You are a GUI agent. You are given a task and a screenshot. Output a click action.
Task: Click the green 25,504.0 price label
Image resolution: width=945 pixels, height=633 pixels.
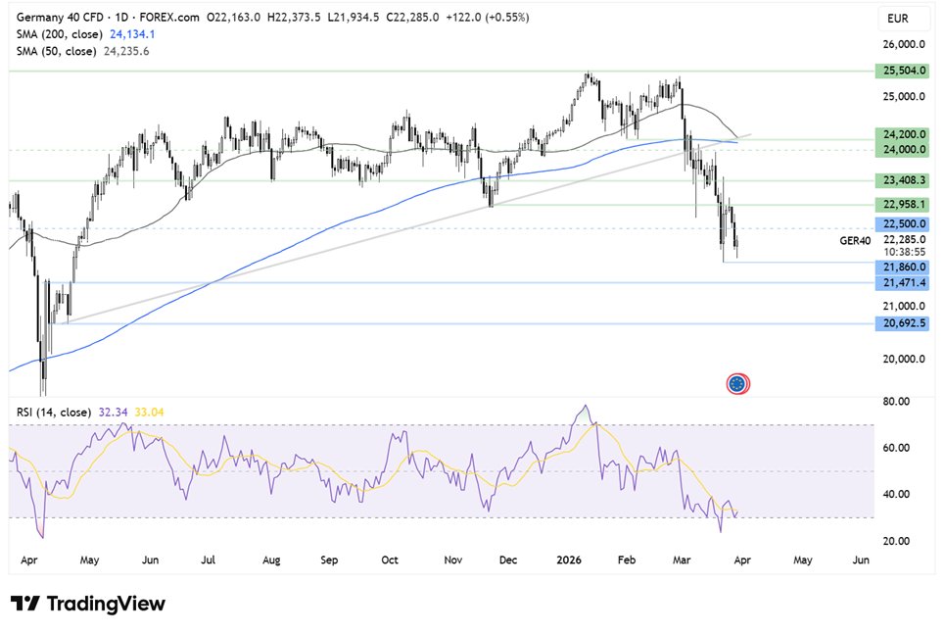pos(899,71)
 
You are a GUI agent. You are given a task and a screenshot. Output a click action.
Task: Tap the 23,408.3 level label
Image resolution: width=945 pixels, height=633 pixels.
pos(899,180)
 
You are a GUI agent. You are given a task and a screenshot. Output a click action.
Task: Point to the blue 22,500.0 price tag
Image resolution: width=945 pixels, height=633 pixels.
pos(899,223)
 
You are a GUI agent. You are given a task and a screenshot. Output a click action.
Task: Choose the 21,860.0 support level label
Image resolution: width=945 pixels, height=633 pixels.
pos(899,266)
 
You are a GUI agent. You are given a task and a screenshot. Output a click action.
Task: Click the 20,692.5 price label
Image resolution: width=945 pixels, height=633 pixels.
pos(899,322)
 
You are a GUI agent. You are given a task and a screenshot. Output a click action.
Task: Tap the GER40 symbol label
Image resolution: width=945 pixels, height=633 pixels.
pos(853,239)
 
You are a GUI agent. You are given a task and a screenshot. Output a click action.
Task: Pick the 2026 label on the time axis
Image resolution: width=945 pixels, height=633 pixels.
pos(569,560)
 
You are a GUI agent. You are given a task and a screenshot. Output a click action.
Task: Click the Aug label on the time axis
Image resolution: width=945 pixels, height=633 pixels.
pos(271,560)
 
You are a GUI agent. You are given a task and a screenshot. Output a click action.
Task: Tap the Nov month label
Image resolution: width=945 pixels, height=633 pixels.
pos(451,560)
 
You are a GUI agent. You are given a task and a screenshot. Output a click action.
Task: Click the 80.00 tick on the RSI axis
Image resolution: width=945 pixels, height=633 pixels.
pos(898,402)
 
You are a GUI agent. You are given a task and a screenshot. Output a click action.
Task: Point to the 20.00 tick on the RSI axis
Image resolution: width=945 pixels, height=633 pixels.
pos(898,541)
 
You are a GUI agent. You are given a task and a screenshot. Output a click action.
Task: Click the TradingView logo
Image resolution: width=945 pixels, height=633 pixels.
pos(88,604)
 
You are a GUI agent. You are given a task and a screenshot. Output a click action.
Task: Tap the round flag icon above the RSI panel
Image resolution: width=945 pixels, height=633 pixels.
pos(738,383)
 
